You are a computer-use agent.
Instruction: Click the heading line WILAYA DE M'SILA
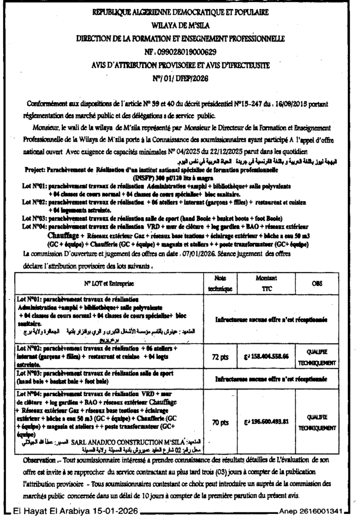[x=180, y=24]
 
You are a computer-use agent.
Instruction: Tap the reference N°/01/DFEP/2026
[x=180, y=79]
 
